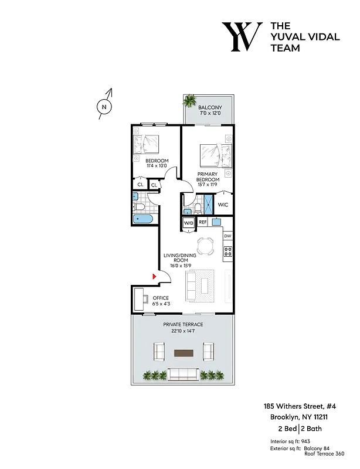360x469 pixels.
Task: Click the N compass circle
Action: pyautogui.click(x=104, y=107)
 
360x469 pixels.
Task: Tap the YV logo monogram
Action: pyautogui.click(x=241, y=37)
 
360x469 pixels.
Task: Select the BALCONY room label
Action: pyautogui.click(x=209, y=107)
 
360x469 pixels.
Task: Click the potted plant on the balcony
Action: pyautogui.click(x=190, y=101)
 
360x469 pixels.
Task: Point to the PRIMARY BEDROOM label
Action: pyautogui.click(x=208, y=177)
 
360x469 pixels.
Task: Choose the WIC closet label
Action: pyautogui.click(x=223, y=205)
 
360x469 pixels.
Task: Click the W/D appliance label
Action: pyautogui.click(x=188, y=223)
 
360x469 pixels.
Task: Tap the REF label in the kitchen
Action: pyautogui.click(x=202, y=222)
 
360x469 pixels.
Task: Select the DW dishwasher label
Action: pyautogui.click(x=227, y=236)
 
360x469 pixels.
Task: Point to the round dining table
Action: pyautogui.click(x=205, y=247)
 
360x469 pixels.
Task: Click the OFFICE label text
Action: pyautogui.click(x=161, y=298)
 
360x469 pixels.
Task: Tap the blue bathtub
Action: pyautogui.click(x=143, y=220)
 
